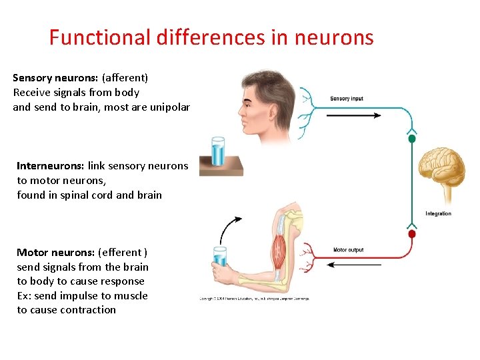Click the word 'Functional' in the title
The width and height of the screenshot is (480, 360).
point(100,37)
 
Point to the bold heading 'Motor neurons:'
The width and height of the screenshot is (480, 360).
point(55,253)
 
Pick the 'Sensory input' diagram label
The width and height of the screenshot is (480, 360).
point(347,99)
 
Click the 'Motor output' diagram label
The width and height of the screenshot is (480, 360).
point(348,250)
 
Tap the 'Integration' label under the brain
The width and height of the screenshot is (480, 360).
point(438,214)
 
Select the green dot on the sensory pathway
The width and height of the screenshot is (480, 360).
point(412,139)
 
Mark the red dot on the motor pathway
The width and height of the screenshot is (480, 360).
point(411,235)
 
